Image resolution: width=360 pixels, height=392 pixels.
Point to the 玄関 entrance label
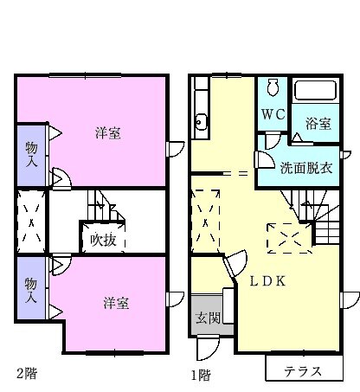[x=207, y=314]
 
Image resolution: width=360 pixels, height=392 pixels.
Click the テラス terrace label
[x=304, y=371]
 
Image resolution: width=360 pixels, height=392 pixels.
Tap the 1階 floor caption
[x=201, y=375]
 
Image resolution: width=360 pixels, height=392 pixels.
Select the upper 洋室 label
[x=107, y=132]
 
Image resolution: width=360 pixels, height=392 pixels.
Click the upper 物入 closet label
[x=30, y=153]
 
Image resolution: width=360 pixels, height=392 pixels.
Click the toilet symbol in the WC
[x=273, y=88]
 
